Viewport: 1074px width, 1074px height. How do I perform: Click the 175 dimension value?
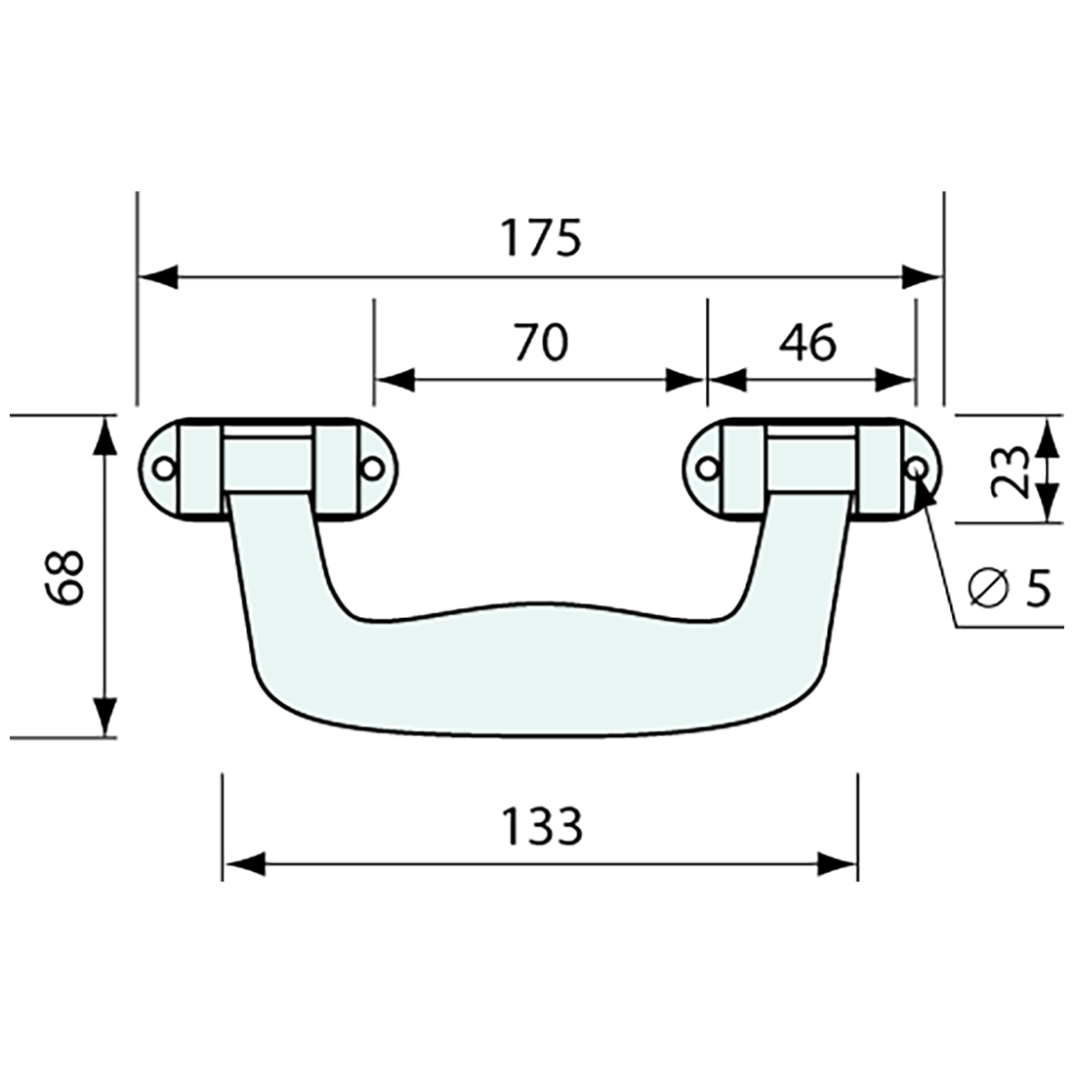[x=540, y=237]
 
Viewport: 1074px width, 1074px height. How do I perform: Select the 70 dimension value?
[x=540, y=343]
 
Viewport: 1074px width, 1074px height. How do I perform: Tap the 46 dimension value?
[x=808, y=343]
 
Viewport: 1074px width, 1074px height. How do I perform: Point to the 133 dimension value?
[x=542, y=827]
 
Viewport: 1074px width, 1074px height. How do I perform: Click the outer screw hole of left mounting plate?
[x=165, y=469]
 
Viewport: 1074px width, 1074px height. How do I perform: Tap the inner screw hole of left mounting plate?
[x=371, y=469]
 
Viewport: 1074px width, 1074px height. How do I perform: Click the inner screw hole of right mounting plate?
[x=709, y=469]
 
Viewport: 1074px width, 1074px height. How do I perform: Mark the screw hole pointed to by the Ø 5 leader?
[x=917, y=469]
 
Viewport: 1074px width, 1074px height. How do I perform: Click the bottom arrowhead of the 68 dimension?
[x=104, y=718]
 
